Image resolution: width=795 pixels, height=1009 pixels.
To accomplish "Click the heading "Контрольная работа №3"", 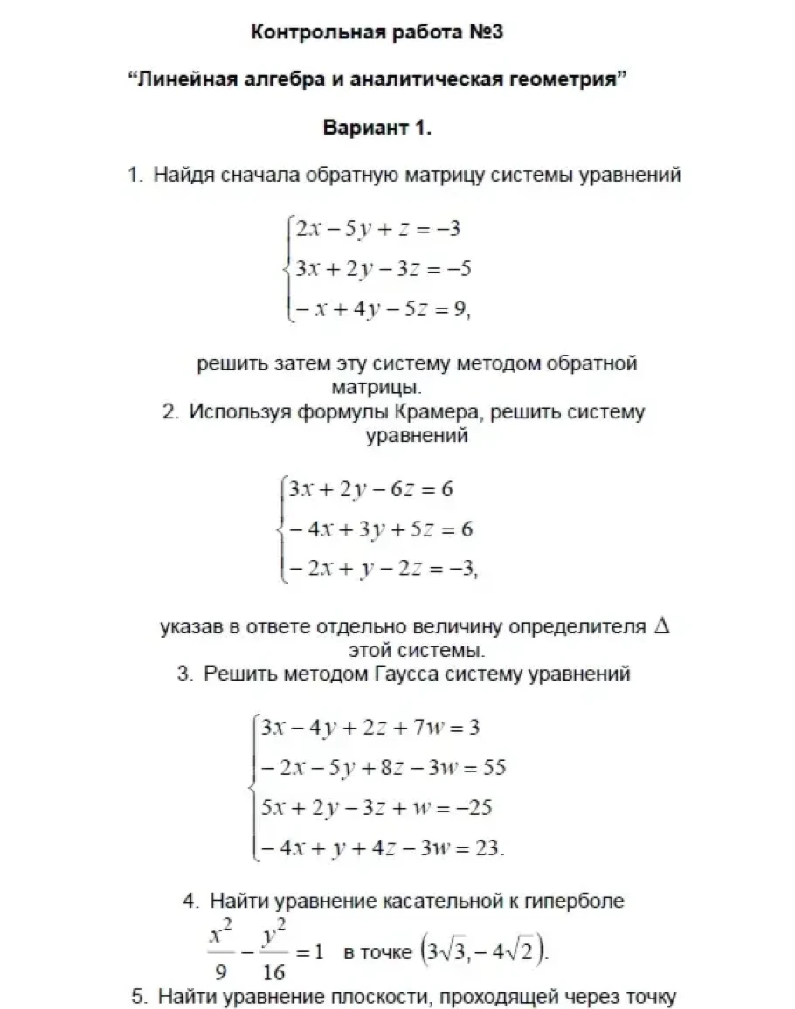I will tap(377, 33).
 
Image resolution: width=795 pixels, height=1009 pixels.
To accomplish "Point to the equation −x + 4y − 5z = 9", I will tap(382, 308).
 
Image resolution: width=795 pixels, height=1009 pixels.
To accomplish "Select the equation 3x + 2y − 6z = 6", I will tap(371, 488).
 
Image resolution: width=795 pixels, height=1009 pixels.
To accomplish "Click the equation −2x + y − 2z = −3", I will tap(382, 568).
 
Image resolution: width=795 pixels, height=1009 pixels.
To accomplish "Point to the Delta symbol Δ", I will tap(661, 626).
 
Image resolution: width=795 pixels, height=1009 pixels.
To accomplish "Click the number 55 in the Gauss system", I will tap(494, 768).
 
